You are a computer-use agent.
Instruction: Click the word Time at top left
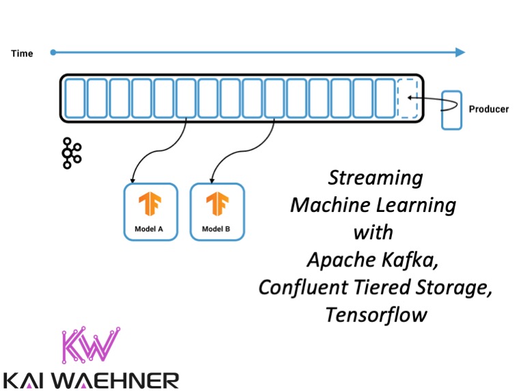pyautogui.click(x=22, y=53)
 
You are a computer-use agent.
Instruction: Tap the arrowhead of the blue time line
pyautogui.click(x=460, y=53)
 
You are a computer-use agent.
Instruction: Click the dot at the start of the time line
pyautogui.click(x=53, y=53)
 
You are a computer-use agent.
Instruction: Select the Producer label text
pyautogui.click(x=488, y=109)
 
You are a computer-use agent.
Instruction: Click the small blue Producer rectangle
pyautogui.click(x=451, y=109)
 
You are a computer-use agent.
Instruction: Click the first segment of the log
pyautogui.click(x=74, y=98)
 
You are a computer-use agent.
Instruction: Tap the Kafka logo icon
pyautogui.click(x=71, y=152)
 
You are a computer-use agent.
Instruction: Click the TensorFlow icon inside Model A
pyautogui.click(x=150, y=204)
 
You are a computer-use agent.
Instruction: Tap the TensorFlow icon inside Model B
pyautogui.click(x=216, y=204)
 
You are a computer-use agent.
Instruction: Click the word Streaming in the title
pyautogui.click(x=375, y=178)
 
